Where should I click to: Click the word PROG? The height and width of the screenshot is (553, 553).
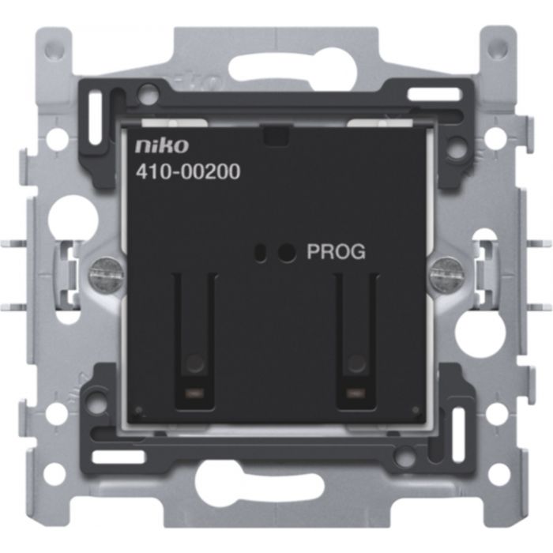click(x=336, y=252)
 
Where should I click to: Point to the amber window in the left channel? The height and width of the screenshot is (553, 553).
click(x=194, y=393)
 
